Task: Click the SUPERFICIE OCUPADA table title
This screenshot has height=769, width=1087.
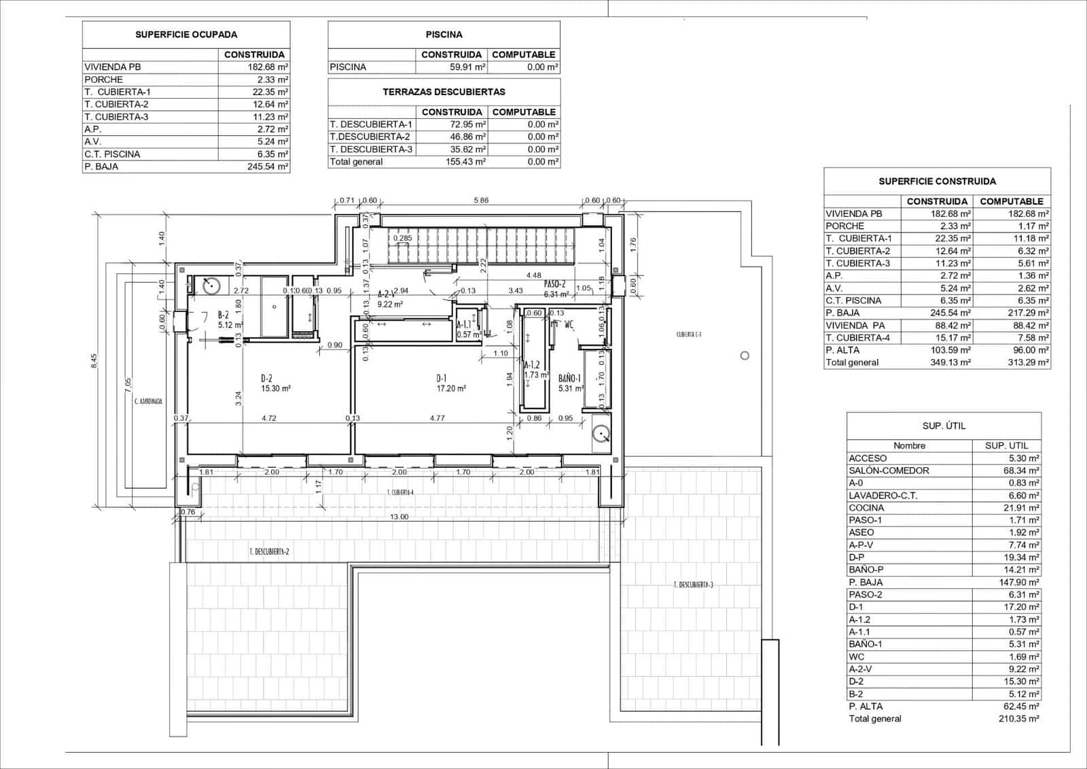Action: click(x=186, y=35)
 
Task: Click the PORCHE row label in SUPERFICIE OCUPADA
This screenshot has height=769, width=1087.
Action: click(x=104, y=80)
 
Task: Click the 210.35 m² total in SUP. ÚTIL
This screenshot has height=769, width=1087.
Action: click(x=1020, y=719)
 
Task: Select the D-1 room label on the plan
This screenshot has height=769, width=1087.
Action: click(x=442, y=379)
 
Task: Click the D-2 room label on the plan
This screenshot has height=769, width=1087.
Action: click(x=266, y=379)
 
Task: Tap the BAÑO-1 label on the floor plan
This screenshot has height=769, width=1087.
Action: click(x=569, y=379)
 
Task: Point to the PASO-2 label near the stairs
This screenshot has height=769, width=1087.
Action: click(x=554, y=285)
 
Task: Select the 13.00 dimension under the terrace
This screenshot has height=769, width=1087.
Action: click(x=399, y=517)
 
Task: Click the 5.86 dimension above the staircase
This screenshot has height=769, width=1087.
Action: click(x=481, y=201)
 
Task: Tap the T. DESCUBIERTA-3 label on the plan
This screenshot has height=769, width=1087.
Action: click(x=693, y=585)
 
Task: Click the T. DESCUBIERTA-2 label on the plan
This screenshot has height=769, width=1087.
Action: click(x=269, y=552)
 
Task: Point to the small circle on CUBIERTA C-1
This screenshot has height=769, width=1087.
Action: click(x=745, y=356)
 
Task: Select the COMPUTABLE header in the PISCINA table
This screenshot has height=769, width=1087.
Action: click(x=523, y=54)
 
